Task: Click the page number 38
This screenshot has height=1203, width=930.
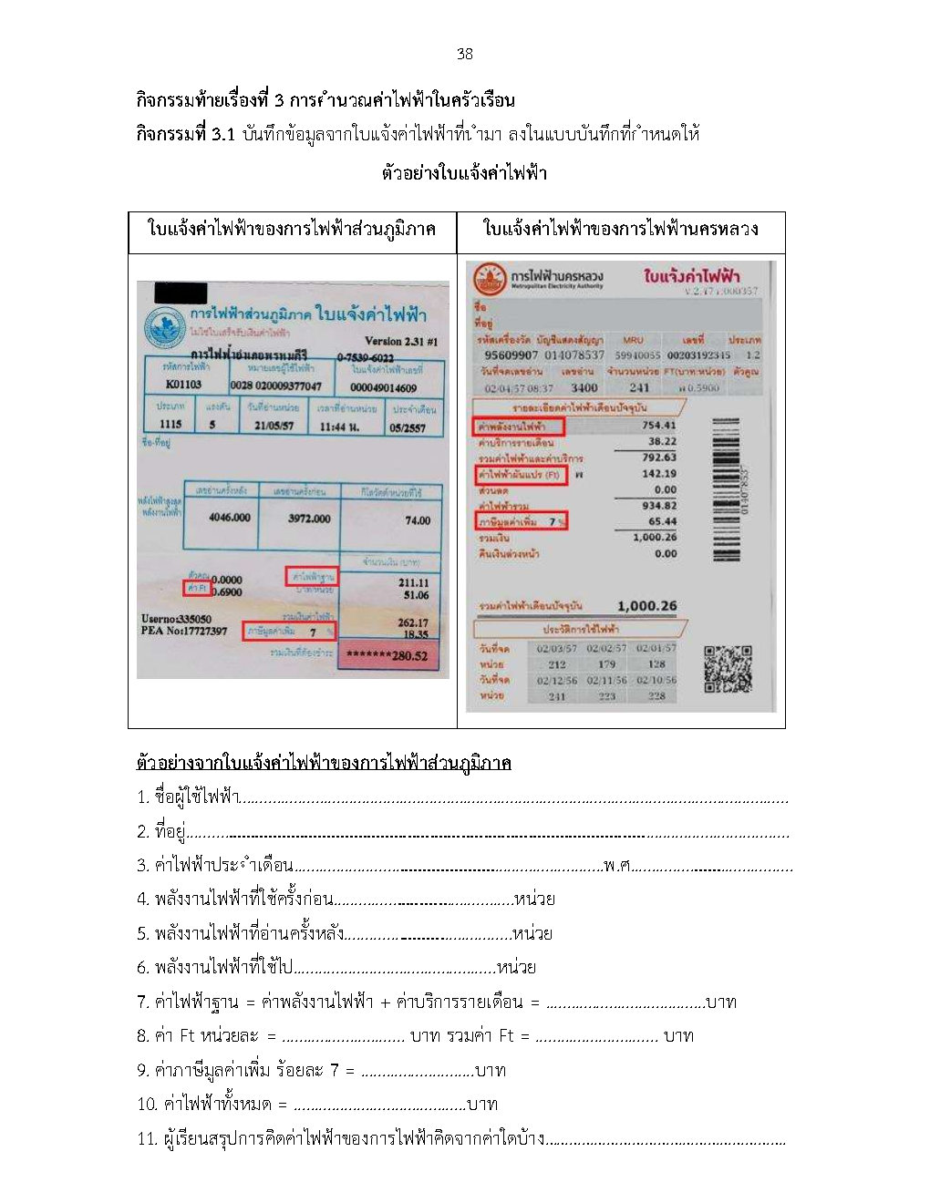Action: [464, 54]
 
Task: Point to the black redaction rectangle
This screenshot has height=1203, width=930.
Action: [181, 293]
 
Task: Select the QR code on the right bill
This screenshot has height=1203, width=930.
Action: [728, 669]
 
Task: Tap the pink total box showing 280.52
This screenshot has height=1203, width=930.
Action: [387, 655]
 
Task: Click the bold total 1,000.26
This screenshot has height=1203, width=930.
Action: [646, 606]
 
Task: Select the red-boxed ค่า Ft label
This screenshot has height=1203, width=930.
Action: [196, 589]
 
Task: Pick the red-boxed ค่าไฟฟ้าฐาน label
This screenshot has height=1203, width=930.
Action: [312, 577]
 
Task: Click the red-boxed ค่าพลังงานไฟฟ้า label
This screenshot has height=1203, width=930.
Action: [519, 426]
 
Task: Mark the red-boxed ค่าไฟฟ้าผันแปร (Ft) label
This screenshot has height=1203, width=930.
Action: [521, 475]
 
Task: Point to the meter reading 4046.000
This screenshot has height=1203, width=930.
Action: [229, 518]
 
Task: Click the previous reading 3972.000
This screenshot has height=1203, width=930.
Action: [309, 518]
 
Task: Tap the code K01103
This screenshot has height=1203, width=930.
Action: [183, 385]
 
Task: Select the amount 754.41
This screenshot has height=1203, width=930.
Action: [658, 425]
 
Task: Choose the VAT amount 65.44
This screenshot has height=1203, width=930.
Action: [662, 521]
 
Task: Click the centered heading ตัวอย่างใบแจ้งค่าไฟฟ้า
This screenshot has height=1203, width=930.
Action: [464, 172]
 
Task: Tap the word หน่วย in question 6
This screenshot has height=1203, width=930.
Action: [516, 967]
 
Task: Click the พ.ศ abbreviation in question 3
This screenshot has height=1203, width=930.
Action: [616, 865]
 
